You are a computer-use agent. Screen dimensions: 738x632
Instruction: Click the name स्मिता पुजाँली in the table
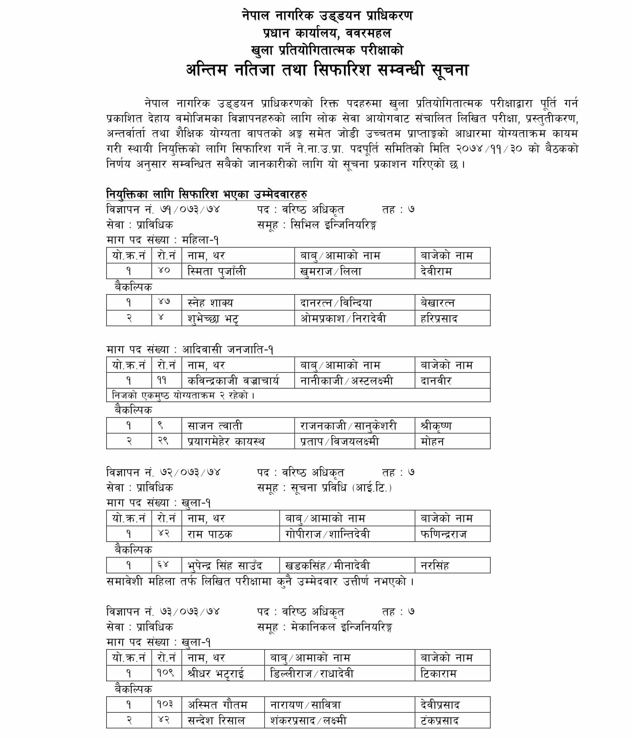pos(217,271)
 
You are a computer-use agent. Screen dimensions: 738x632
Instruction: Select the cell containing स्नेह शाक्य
pos(210,303)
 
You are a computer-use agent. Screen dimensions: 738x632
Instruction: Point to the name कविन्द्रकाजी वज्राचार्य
pos(233,381)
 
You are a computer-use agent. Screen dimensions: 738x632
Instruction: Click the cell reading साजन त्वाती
pos(215,426)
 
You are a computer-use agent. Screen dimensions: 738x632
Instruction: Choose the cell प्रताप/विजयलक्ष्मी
pos(339,441)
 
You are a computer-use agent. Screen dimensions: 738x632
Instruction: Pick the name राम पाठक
pos(210,534)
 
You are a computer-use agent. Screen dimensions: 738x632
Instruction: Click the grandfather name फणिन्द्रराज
pos(443,534)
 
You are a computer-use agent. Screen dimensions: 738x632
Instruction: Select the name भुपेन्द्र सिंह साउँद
pos(225,565)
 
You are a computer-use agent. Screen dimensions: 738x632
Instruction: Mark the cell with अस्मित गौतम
pos(217,704)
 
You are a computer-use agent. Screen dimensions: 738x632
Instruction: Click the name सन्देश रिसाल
pos(216,720)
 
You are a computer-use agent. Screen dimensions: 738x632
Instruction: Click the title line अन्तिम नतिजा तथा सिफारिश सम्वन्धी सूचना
pos(327,70)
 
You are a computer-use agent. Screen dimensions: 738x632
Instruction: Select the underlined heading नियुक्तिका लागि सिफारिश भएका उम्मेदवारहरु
pos(206,194)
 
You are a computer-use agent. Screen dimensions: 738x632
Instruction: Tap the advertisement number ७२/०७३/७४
pos(190,473)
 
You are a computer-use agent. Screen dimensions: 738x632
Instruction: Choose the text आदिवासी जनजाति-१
pos(227,350)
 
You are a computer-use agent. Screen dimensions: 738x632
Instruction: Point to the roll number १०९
pos(166,673)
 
